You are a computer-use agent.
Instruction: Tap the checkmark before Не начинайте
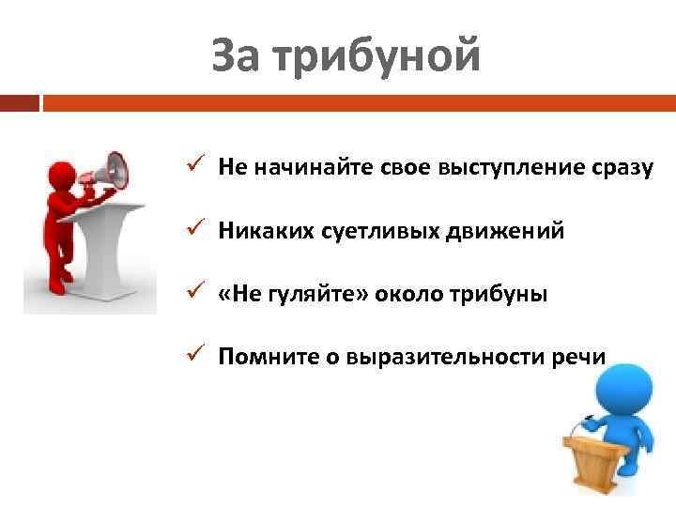click(192, 166)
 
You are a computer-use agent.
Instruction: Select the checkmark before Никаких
click(192, 230)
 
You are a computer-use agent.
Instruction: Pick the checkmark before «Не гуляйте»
click(192, 294)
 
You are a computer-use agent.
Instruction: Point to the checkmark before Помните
click(192, 357)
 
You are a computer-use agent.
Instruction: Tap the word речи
click(582, 358)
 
